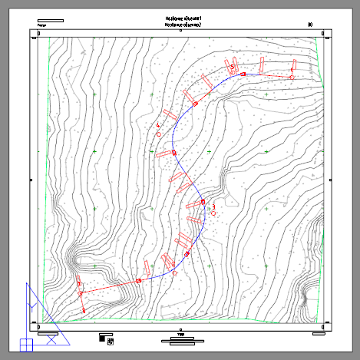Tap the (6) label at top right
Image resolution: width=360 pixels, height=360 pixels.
pyautogui.click(x=310, y=25)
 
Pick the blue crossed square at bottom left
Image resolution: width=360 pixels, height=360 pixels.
pyautogui.click(x=25, y=345)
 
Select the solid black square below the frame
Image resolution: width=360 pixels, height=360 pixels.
pyautogui.click(x=103, y=335)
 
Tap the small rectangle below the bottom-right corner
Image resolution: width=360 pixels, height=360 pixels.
pyautogui.click(x=319, y=334)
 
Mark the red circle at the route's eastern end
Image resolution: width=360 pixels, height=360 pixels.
pyautogui.click(x=292, y=77)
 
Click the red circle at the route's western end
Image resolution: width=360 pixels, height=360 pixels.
pyautogui.click(x=80, y=293)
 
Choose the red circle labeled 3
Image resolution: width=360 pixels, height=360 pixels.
pyautogui.click(x=214, y=211)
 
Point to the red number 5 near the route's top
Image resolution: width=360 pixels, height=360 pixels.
pyautogui.click(x=232, y=68)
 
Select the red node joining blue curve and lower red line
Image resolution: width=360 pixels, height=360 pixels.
pyautogui.click(x=139, y=281)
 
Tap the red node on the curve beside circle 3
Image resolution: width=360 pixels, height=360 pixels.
pyautogui.click(x=203, y=202)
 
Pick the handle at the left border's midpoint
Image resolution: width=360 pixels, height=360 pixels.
pyautogui.click(x=31, y=180)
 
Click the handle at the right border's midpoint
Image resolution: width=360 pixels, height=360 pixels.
pyautogui.click(x=332, y=181)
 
